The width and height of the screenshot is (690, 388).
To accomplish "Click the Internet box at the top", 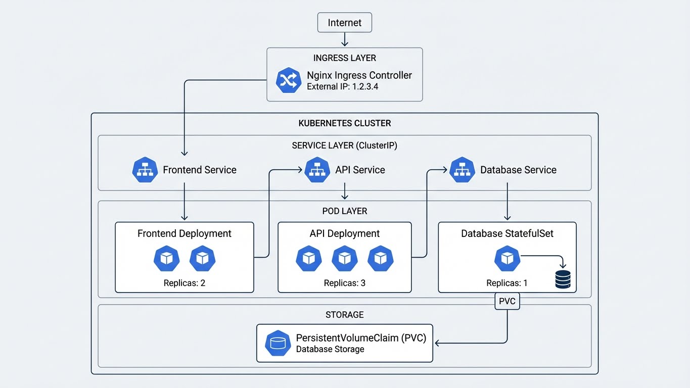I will tap(344, 23).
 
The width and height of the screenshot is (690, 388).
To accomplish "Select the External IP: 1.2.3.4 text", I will tap(342, 87).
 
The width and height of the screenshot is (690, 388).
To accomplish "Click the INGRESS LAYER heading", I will tap(344, 58).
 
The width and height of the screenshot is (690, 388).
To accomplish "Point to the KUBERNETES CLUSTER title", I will tap(344, 123).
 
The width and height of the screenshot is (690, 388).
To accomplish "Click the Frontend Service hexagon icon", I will tap(145, 170).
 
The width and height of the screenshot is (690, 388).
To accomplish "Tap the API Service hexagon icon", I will tap(317, 170).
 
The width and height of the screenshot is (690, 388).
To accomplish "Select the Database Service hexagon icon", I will tap(462, 170).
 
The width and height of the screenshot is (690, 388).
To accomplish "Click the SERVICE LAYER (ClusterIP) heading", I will tap(344, 146).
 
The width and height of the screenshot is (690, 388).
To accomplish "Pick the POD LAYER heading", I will tap(344, 211).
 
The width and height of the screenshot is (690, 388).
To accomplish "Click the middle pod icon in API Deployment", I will tap(345, 259).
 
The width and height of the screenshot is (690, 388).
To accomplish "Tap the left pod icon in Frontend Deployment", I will tap(166, 259).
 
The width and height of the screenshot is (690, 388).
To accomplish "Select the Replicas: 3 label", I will tap(344, 283).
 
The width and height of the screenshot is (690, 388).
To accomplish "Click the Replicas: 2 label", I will tap(184, 283).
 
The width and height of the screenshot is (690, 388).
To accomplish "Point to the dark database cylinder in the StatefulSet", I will tap(563, 279).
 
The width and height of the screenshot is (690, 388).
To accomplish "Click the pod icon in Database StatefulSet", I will tap(507, 259).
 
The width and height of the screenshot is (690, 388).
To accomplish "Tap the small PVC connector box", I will tap(507, 301).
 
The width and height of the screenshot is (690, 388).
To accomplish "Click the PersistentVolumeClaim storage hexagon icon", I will tap(278, 343).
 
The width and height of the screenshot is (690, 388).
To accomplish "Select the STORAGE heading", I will tap(344, 315).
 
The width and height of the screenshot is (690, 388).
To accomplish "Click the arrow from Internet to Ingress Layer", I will tap(344, 40).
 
